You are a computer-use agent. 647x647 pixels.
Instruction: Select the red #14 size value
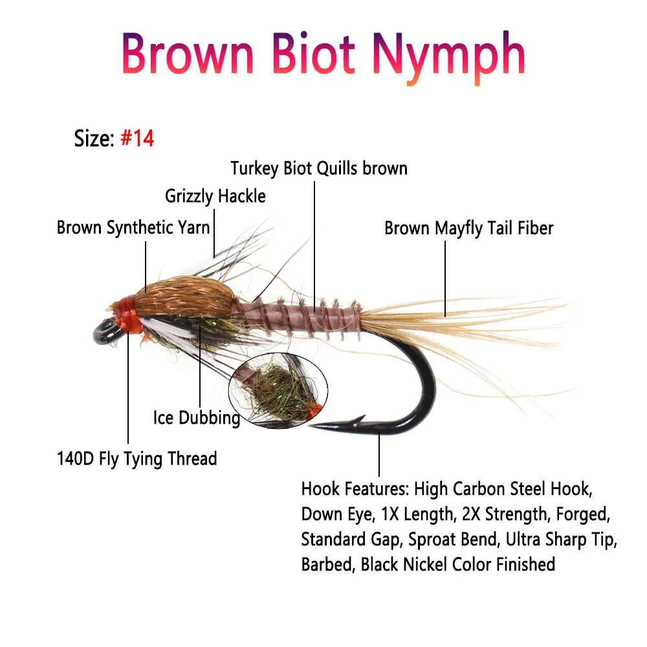[x=137, y=138]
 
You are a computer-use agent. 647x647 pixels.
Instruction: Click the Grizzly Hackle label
[x=215, y=196]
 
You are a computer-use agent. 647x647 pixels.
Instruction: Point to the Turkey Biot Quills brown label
[x=319, y=169]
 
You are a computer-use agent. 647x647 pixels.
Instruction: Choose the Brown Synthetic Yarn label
[x=133, y=228]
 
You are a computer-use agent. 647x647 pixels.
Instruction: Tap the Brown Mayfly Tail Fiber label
[x=468, y=228]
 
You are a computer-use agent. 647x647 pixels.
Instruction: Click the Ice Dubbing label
[x=197, y=417]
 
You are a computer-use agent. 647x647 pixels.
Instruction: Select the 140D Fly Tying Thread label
[x=136, y=459]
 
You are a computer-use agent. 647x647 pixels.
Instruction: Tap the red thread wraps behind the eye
[x=129, y=315]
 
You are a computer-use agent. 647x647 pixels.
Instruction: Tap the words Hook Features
[x=355, y=489]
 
